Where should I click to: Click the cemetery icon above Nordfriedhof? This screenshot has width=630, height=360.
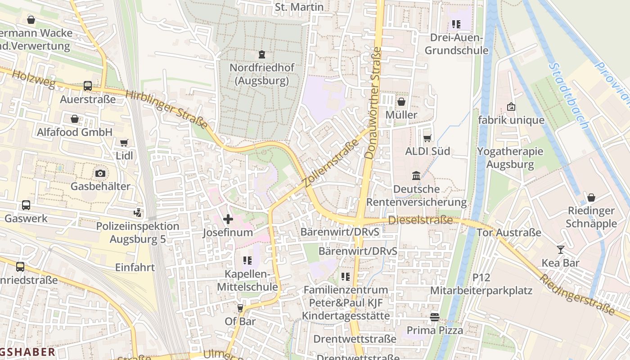point(261,55)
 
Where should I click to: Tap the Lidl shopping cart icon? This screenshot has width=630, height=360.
point(124,143)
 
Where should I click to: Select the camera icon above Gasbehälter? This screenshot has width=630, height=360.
point(100,173)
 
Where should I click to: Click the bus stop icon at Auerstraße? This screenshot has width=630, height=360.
point(88,86)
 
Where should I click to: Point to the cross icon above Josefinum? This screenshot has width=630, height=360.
point(228,219)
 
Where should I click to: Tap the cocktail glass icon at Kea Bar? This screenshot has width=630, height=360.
point(560,250)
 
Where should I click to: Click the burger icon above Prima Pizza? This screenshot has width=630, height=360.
point(434,317)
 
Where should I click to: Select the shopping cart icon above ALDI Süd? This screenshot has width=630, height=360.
point(427,138)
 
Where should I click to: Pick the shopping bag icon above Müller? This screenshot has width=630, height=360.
point(401,102)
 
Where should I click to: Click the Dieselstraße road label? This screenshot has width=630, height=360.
point(420,220)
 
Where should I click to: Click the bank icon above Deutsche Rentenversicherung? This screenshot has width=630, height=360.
point(416,175)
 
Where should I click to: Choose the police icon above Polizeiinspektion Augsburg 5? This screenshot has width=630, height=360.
point(138,212)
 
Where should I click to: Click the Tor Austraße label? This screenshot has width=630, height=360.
point(508,233)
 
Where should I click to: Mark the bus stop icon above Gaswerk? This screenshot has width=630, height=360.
point(26,205)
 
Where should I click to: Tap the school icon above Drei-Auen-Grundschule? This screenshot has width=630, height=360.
point(456,24)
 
